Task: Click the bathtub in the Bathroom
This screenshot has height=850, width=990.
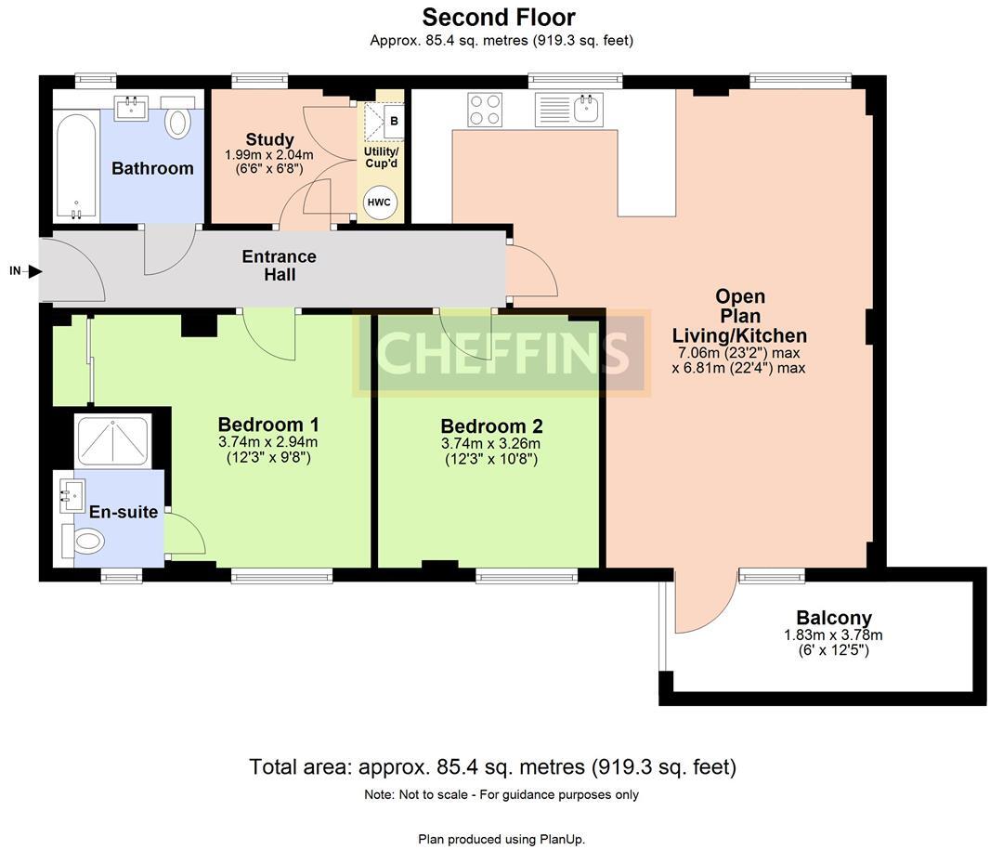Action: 76,165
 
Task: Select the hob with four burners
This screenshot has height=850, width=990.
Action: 485,110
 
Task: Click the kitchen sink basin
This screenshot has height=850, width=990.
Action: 588,108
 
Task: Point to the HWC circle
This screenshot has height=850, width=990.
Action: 380,203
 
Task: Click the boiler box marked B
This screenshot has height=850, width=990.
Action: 394,122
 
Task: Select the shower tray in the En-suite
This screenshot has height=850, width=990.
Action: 112,440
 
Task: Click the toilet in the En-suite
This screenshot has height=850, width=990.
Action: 84,542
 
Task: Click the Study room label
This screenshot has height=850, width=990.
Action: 269,139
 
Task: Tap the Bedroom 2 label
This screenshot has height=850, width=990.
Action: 491,426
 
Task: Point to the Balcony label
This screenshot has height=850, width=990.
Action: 833,617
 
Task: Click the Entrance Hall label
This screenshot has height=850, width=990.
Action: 279,266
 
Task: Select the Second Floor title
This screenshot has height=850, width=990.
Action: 499,17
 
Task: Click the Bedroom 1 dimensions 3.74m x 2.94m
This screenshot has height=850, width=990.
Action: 267,442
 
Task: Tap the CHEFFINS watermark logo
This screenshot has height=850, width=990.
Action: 502,354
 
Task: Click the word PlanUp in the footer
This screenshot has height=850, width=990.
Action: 561,839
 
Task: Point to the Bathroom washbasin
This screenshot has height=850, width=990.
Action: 131,108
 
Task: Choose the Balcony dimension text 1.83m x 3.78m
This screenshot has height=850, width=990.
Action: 833,635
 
